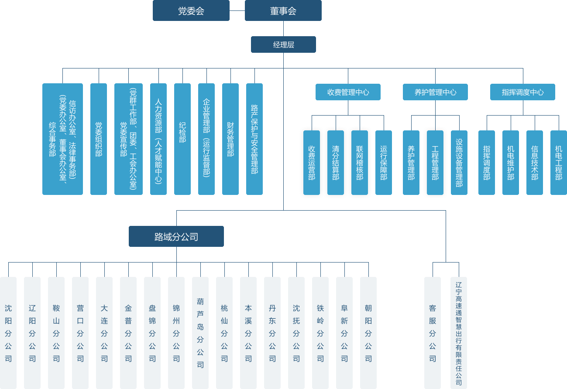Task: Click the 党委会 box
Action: point(191,10)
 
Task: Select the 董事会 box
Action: point(283,10)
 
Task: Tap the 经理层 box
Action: point(283,44)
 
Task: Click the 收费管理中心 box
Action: point(348,92)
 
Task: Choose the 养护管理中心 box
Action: point(435,92)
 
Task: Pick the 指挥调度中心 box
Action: point(522,92)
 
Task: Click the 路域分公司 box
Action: point(176,236)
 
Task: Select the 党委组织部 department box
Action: point(99,139)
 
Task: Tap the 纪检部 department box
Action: point(182,139)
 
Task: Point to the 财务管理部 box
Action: point(230,139)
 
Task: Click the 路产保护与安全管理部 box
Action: point(254,139)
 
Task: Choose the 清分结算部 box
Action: point(336,162)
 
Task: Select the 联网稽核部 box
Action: point(360,162)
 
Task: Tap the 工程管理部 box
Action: point(435,162)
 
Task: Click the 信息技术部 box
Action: point(535,162)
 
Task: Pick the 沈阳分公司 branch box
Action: point(8,333)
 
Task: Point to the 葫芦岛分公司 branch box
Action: point(200,333)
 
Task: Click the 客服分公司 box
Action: point(433,333)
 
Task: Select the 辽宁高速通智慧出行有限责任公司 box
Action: point(459,333)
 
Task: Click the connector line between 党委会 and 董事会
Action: point(237,10)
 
